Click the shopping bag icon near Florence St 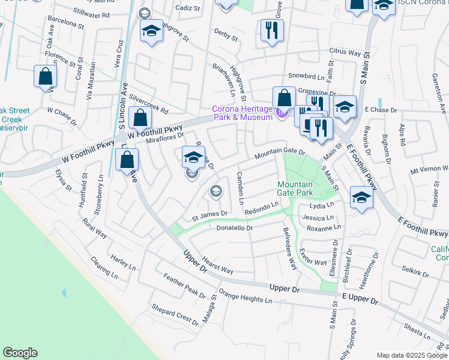45,76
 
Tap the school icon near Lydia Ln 361,197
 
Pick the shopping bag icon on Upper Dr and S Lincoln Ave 127,160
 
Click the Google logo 20,353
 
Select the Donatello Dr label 235,228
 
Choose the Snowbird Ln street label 310,77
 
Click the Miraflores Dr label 164,137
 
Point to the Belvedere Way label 290,247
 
